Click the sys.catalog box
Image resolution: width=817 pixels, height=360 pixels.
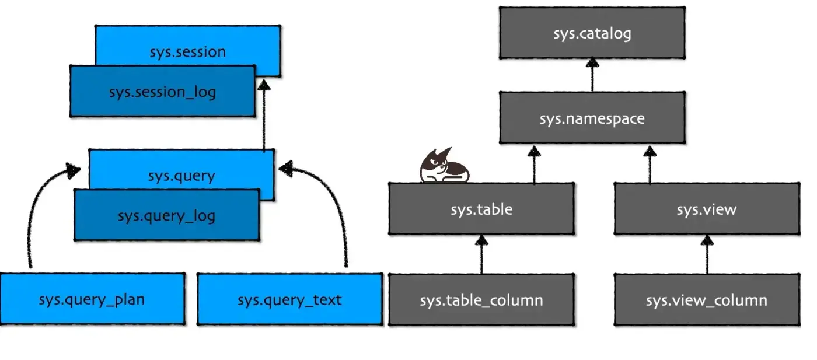point(592,33)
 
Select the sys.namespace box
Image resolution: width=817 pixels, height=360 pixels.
point(592,118)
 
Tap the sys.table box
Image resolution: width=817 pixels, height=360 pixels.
point(481,209)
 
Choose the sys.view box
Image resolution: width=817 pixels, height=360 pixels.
point(707,209)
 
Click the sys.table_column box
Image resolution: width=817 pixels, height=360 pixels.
point(481,300)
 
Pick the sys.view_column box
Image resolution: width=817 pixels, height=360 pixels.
point(707,300)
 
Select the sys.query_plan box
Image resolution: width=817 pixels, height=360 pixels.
point(92,299)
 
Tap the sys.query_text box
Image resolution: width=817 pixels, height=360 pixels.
point(289,299)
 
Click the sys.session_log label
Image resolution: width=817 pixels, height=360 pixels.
point(162,92)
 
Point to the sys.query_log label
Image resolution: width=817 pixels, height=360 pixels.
point(166,215)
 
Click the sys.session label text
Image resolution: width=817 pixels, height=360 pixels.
point(187,51)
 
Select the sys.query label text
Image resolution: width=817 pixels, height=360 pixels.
point(181,175)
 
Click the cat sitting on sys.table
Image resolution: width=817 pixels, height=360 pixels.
point(444,167)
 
